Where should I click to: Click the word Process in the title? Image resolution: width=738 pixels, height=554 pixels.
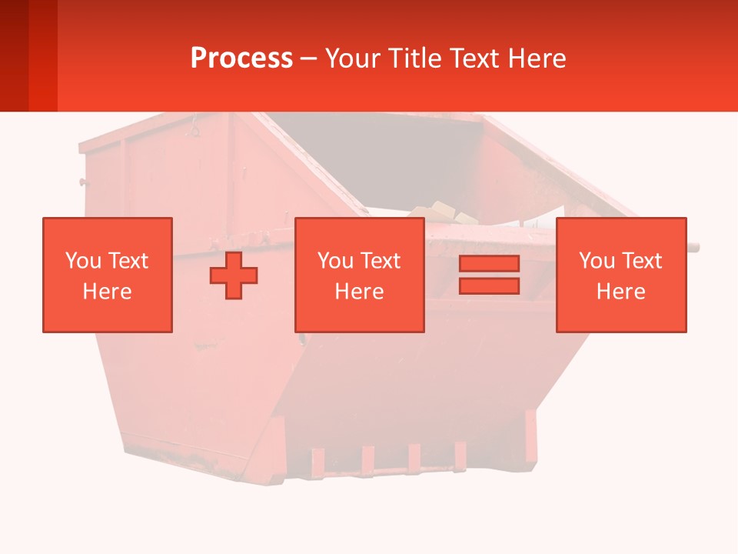coord(241,58)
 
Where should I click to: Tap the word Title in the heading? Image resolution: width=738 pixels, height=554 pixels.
coord(413,58)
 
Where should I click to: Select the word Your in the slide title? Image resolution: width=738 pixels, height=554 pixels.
coord(352,58)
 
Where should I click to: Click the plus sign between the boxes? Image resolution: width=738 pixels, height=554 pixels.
coord(234,275)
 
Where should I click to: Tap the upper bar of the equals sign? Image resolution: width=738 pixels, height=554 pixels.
coord(489,264)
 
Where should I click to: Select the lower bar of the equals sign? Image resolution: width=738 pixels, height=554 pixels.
coord(489,285)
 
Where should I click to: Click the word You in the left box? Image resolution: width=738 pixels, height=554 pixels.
coord(83,261)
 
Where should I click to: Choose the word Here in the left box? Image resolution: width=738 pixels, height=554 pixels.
coord(107,292)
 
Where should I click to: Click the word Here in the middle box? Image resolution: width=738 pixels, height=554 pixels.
coord(359,292)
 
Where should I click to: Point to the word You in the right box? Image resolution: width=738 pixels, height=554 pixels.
coord(597,261)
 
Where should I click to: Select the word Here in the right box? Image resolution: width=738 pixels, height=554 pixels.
coord(620,292)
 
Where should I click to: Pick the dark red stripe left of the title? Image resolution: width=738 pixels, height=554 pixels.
coord(42,55)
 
